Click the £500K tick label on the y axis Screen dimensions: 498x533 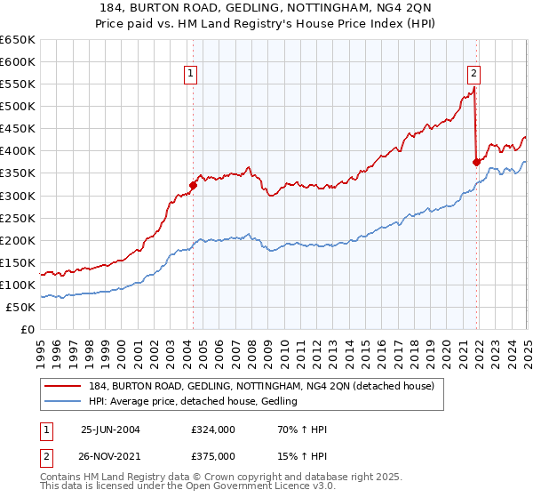point(18,107)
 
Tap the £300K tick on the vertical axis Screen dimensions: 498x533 point(18,196)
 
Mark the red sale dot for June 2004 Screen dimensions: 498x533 point(194,185)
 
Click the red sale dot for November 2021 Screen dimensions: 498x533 point(476,162)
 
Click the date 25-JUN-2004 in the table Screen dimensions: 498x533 point(110,430)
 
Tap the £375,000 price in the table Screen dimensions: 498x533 point(212,456)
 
